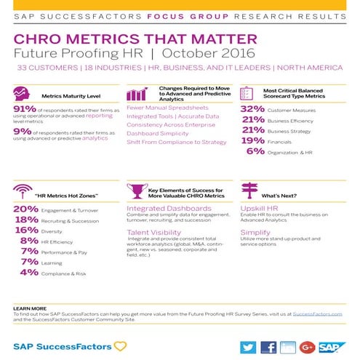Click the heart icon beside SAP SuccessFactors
(x=120, y=346)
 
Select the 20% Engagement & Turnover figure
(x=25, y=209)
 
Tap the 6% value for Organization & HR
(x=255, y=151)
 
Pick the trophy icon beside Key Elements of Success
(x=135, y=191)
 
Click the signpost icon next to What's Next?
(x=249, y=191)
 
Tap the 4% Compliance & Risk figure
(x=29, y=272)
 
